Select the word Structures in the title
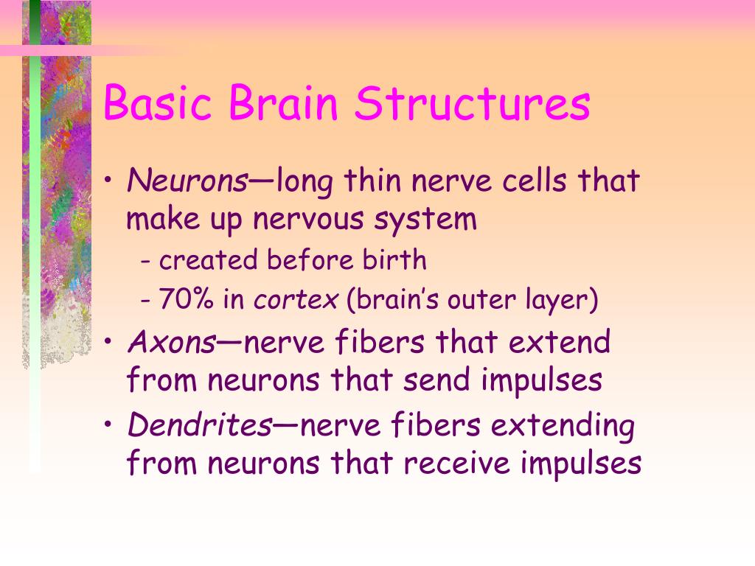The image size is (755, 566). coord(473,103)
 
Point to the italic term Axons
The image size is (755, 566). coord(172,342)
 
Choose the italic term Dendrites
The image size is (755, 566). coord(200,425)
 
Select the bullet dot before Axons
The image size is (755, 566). coord(109,343)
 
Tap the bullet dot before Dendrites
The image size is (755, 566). coord(109,427)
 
